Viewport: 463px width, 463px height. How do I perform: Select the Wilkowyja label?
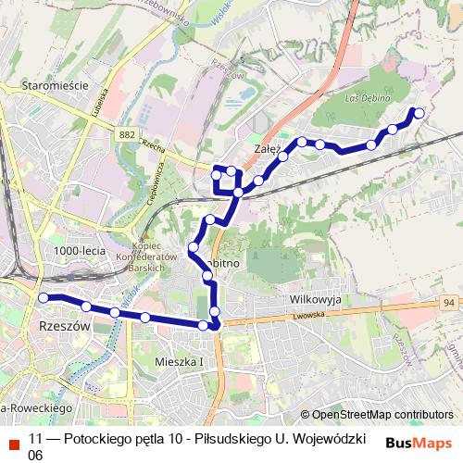point(316,300)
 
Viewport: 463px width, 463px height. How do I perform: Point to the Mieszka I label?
point(180,360)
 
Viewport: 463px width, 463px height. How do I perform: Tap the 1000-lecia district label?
point(80,251)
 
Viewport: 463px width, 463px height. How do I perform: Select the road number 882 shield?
point(127,135)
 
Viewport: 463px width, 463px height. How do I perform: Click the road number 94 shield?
point(449,302)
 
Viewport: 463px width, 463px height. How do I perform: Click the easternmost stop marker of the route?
point(419,113)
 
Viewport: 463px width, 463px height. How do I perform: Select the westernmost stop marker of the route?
point(43,297)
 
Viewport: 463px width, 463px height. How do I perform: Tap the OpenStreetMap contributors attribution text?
point(382,415)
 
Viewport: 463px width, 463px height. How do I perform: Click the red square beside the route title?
point(13,441)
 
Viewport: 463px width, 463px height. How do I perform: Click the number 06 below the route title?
point(36,455)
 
